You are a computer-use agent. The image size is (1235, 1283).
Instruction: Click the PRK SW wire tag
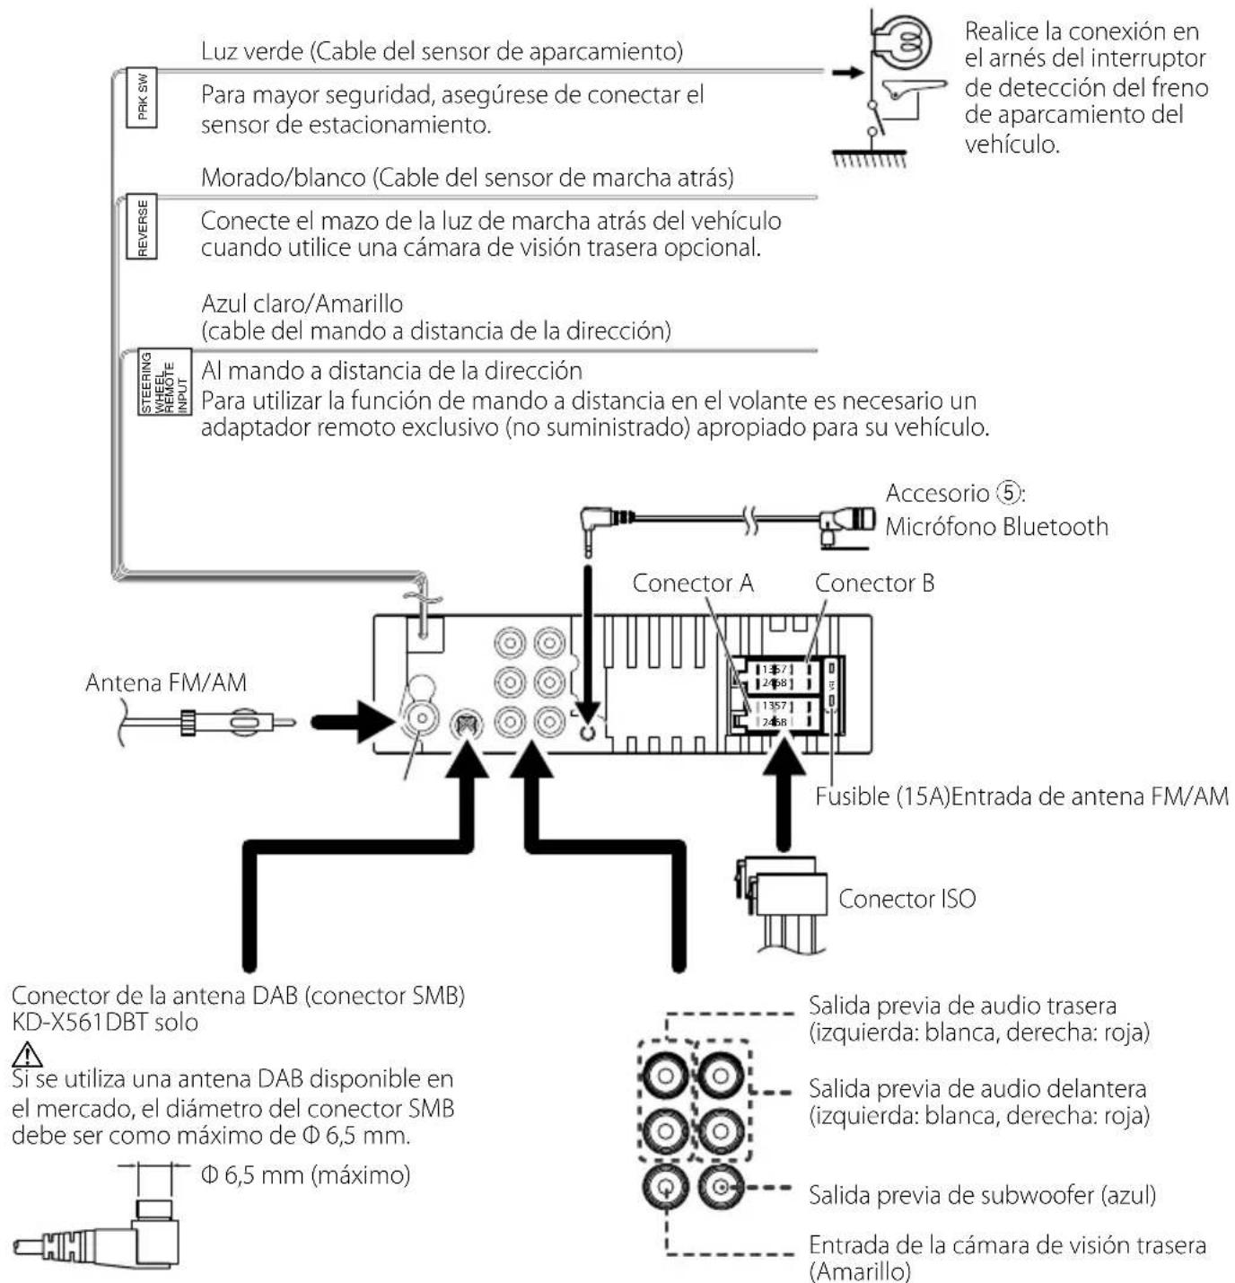142,97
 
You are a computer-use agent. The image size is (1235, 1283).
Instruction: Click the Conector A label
692,584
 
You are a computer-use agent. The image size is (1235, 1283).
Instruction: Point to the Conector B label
874,584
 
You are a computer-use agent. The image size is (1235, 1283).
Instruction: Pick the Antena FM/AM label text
166,683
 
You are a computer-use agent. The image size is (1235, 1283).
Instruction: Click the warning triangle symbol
28,1053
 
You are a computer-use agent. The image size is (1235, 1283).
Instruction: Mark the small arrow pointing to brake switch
845,71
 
